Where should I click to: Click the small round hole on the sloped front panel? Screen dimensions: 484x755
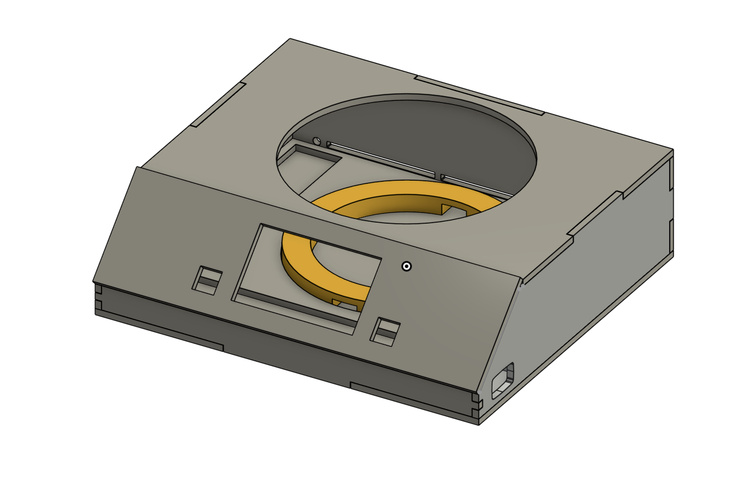click(406, 266)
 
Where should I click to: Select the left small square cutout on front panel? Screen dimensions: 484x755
click(207, 280)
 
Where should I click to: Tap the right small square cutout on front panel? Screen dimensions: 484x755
click(385, 332)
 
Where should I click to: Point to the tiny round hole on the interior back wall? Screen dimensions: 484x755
click(316, 140)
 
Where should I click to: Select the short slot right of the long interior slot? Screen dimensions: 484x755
click(474, 186)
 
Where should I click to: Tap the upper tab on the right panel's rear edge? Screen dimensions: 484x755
click(671, 173)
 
